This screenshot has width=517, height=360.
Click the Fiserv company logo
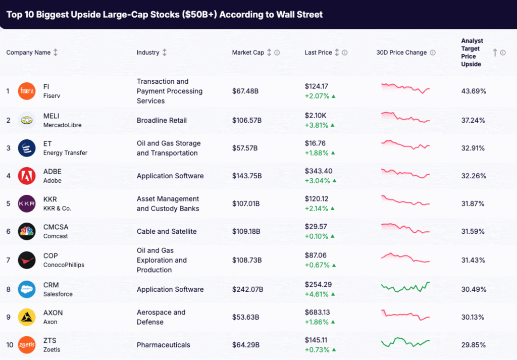(27, 91)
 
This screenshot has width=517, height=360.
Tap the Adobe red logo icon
(27, 176)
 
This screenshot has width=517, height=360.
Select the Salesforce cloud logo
(27, 289)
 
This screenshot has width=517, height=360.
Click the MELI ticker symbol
(51, 116)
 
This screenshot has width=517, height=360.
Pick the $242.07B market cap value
(247, 289)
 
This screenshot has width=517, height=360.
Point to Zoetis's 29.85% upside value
(474, 345)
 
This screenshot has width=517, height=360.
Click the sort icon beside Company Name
(56, 53)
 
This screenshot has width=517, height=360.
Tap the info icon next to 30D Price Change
(433, 53)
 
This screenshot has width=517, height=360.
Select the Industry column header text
(148, 53)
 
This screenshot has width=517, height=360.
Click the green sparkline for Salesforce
(405, 287)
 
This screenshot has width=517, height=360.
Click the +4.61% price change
(317, 294)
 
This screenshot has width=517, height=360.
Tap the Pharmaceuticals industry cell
(164, 345)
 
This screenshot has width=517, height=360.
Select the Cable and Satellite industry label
(167, 231)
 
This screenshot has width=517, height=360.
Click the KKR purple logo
(27, 203)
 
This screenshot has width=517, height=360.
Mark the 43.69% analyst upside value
(474, 91)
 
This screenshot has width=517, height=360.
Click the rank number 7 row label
(8, 260)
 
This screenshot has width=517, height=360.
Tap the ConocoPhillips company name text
(64, 265)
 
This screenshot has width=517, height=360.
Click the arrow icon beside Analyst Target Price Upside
(495, 53)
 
